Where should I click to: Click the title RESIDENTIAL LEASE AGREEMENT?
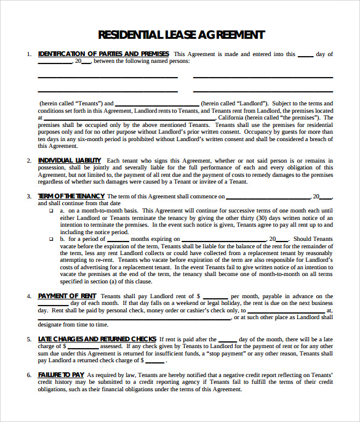(182, 34)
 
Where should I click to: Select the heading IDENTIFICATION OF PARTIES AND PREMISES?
(103, 54)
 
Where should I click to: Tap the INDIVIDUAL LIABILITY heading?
(69, 160)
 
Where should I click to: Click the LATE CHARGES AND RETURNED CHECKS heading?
(97, 339)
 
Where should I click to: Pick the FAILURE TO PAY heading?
(61, 375)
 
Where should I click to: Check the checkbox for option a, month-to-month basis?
(51, 211)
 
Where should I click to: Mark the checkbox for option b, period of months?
(51, 239)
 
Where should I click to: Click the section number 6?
(28, 375)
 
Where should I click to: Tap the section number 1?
(28, 54)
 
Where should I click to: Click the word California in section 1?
(230, 117)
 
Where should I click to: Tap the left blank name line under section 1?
(108, 78)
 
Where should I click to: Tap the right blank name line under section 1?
(263, 78)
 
